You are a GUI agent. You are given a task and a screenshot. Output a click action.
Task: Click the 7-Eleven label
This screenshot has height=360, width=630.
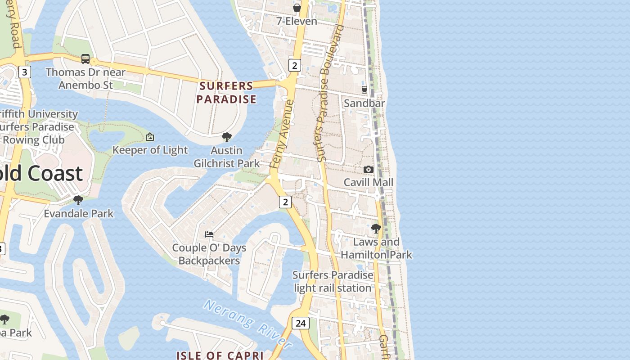pos(297,21)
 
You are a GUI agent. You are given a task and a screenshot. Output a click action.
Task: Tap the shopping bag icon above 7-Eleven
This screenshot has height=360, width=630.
pos(297,8)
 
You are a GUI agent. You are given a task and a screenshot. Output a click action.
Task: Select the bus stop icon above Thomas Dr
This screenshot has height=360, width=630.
pos(85,58)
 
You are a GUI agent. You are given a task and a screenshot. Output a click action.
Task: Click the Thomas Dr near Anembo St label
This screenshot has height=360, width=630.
pos(85,78)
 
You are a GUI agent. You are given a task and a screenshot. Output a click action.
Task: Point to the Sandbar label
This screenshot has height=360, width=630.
pos(364,103)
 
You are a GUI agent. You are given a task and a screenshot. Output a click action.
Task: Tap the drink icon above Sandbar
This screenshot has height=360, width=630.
pos(364,90)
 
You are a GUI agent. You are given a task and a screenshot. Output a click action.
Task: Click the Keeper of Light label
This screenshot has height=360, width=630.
pos(150,150)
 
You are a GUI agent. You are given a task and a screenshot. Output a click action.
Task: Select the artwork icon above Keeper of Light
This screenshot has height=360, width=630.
pos(150,136)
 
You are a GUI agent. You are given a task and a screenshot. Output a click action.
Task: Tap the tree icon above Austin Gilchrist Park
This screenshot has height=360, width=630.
pos(227,137)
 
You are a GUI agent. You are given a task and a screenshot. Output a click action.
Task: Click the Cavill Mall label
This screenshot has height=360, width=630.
pos(369,182)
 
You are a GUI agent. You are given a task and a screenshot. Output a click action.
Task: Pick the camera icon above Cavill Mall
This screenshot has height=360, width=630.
pos(369,169)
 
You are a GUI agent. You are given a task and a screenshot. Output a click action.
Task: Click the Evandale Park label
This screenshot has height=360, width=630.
pos(79,213)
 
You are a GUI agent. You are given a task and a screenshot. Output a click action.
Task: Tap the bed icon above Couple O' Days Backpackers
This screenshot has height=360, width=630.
pos(209,234)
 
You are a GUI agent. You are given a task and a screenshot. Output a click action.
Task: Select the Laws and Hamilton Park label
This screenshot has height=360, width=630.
pos(376,248)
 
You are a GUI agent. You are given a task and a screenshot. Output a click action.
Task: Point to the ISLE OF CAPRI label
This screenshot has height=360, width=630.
pos(220,355)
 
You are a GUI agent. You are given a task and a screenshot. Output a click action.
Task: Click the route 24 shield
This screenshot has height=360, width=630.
pos(300,323)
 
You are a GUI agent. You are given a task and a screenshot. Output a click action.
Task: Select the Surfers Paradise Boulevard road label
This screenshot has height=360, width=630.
pos(330,93)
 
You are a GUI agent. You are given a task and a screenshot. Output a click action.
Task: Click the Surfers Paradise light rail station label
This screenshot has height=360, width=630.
pos(333,281)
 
